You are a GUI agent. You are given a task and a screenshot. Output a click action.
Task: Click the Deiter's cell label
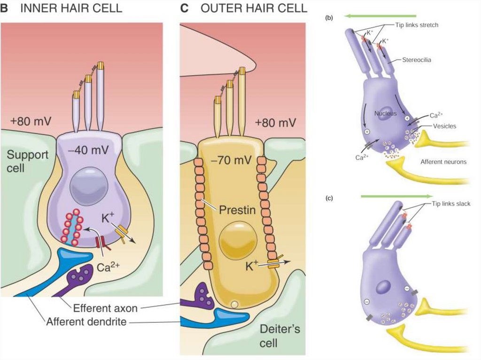(x=279, y=336)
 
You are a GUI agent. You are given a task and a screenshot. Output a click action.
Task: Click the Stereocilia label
(x=418, y=60)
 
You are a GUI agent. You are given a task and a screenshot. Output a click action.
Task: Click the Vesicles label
(x=443, y=126)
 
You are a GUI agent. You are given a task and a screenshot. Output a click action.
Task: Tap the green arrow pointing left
(x=380, y=15)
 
